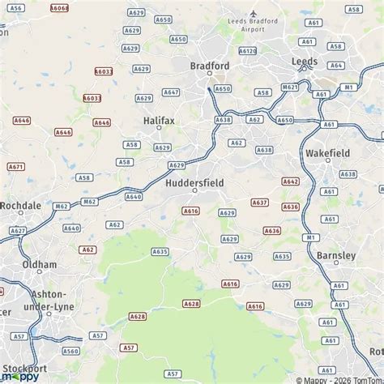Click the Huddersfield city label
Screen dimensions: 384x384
pyautogui.click(x=194, y=182)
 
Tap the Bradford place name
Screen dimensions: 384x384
pyautogui.click(x=210, y=66)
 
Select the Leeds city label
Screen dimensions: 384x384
pyautogui.click(x=305, y=61)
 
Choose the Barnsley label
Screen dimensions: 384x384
pyautogui.click(x=335, y=255)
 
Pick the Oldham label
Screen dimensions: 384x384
pyautogui.click(x=40, y=264)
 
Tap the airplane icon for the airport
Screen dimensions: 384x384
pyautogui.click(x=253, y=13)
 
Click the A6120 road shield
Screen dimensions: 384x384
pyautogui.click(x=248, y=50)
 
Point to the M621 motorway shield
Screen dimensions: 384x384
pyautogui.click(x=290, y=87)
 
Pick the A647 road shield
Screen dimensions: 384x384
pyautogui.click(x=171, y=92)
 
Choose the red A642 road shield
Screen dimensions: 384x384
pyautogui.click(x=290, y=181)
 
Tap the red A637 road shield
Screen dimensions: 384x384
pyautogui.click(x=259, y=203)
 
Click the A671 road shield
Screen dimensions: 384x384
pyautogui.click(x=16, y=167)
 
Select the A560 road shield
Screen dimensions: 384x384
pyautogui.click(x=71, y=351)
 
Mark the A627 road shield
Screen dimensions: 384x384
pyautogui.click(x=17, y=230)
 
